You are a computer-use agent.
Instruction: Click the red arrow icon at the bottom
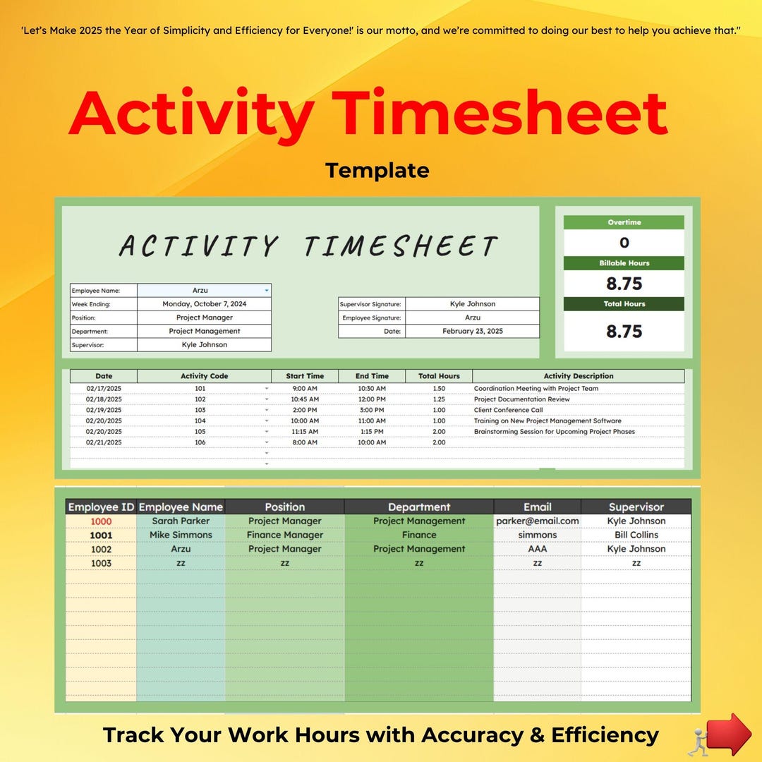728,734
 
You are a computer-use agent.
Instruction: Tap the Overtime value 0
624,243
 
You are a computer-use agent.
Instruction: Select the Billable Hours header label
624,263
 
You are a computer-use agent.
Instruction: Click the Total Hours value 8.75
624,331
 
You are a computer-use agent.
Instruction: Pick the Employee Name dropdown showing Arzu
204,290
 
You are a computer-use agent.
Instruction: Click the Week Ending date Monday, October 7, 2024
204,304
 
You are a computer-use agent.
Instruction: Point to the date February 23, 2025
472,331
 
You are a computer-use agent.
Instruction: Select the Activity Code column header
204,376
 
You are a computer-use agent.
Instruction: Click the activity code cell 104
200,421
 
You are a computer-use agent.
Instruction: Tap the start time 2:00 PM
304,410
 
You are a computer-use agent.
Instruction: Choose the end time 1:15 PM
371,432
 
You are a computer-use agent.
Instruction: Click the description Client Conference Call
508,410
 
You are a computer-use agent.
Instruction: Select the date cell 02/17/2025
104,389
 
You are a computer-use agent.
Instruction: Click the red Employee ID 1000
101,521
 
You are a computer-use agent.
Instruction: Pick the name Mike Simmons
181,535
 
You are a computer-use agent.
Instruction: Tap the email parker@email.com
537,521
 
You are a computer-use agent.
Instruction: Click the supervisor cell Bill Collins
636,535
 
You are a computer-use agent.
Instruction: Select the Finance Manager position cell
284,535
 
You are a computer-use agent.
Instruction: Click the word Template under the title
377,170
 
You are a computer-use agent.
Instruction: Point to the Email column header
537,507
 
